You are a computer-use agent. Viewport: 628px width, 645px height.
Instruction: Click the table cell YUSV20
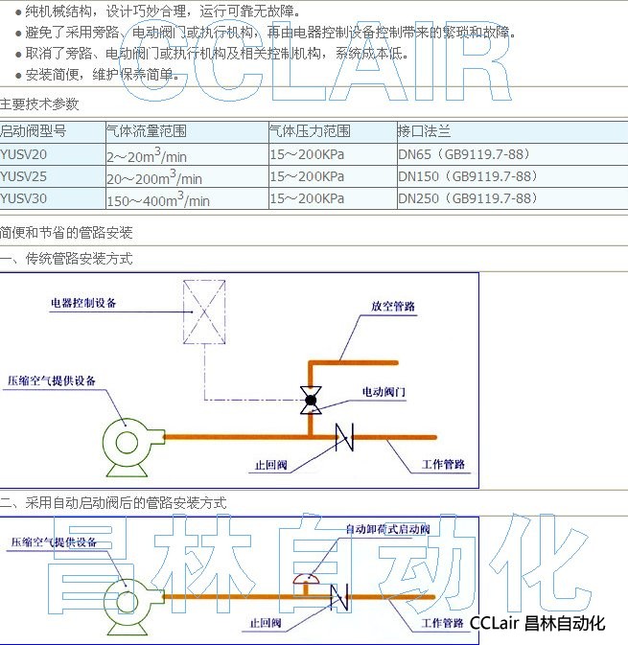click(23, 153)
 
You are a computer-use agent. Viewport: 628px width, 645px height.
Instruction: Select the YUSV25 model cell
click(23, 176)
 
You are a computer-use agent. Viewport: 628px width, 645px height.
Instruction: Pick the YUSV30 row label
click(23, 198)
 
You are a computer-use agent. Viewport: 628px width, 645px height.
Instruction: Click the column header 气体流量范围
click(146, 130)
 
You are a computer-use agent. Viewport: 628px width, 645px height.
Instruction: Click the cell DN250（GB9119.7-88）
click(468, 198)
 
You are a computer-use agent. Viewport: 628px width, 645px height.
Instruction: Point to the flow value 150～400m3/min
click(158, 199)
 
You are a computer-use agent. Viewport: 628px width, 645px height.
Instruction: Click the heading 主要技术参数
click(39, 104)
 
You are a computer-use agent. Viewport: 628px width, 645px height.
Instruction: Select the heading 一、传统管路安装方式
click(66, 259)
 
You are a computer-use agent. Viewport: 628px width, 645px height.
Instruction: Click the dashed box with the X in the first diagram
click(204, 311)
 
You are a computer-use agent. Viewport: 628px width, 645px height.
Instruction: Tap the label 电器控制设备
click(84, 303)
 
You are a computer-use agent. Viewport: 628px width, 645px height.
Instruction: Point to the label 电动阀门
click(384, 392)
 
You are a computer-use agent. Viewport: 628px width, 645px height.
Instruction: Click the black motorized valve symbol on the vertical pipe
click(310, 399)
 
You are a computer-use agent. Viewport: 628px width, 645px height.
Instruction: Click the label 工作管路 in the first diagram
click(443, 464)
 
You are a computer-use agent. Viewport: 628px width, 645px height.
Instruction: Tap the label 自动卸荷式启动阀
click(387, 529)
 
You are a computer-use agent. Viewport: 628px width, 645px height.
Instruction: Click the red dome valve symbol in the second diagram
click(305, 576)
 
